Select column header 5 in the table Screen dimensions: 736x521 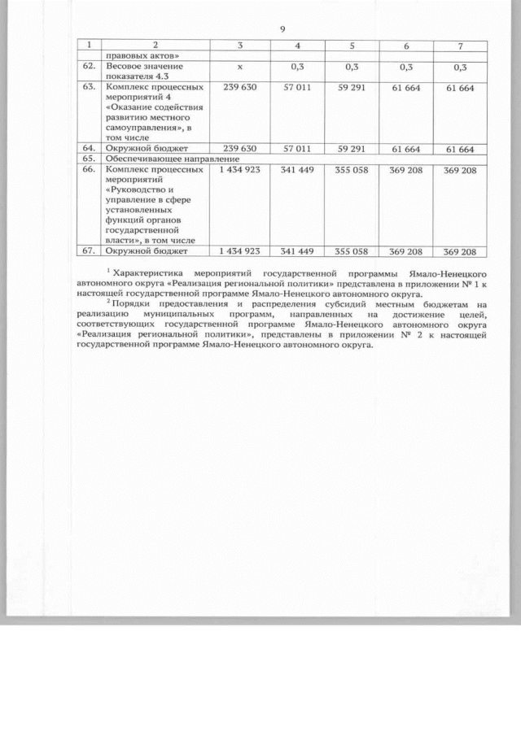click(351, 45)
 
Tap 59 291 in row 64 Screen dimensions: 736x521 click(351, 150)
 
